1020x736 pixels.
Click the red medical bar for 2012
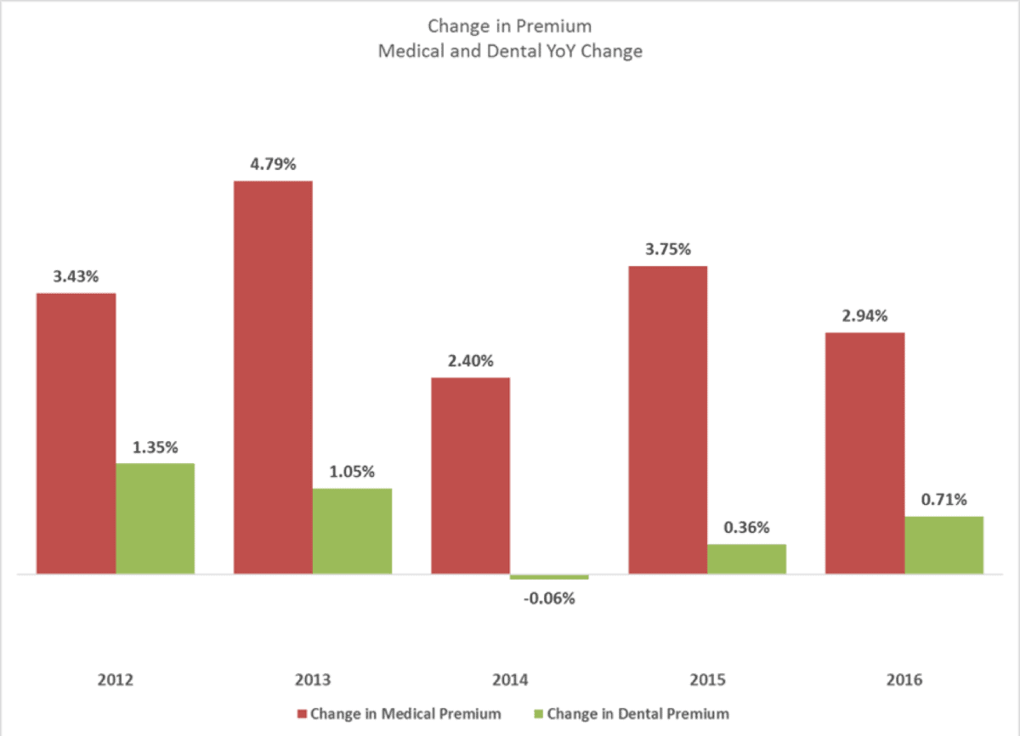[76, 433]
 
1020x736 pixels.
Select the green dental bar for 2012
[156, 518]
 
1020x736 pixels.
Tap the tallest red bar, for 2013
[273, 377]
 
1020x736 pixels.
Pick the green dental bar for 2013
[352, 531]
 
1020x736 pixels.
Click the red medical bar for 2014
[470, 476]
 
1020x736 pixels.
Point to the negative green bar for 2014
[549, 577]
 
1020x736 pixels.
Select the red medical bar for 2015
[667, 420]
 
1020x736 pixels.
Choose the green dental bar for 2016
[943, 545]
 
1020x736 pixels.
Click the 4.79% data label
[273, 164]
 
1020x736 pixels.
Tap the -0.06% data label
[549, 598]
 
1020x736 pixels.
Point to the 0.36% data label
[746, 527]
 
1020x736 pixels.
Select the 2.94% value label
[864, 316]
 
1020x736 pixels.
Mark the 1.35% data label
[156, 447]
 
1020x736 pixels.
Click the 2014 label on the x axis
[509, 680]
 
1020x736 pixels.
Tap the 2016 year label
[904, 680]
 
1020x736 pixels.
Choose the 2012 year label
[115, 680]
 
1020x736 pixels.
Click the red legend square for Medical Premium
[302, 714]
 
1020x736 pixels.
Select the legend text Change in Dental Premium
[637, 714]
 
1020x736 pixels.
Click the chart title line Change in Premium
[509, 26]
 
